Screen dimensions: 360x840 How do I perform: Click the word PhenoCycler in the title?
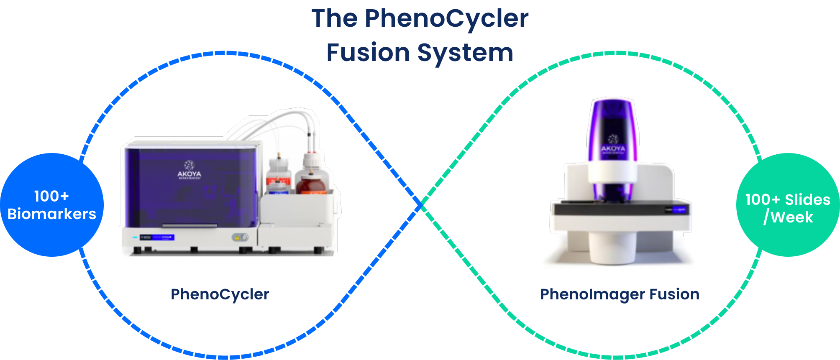point(446,19)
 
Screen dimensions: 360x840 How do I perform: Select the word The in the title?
point(334,19)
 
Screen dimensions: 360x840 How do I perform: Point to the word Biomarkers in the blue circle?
point(52,214)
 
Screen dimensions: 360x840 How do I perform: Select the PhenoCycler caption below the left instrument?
point(220,294)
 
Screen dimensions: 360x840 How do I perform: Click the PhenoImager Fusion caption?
point(620,294)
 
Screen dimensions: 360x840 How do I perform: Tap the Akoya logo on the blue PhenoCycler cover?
point(189,170)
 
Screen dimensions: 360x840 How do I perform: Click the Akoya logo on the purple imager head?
point(613,144)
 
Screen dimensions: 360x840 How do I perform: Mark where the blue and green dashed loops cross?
point(421,205)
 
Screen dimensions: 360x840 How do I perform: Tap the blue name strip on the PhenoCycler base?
point(157,237)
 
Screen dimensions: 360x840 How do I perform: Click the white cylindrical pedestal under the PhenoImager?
point(613,249)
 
